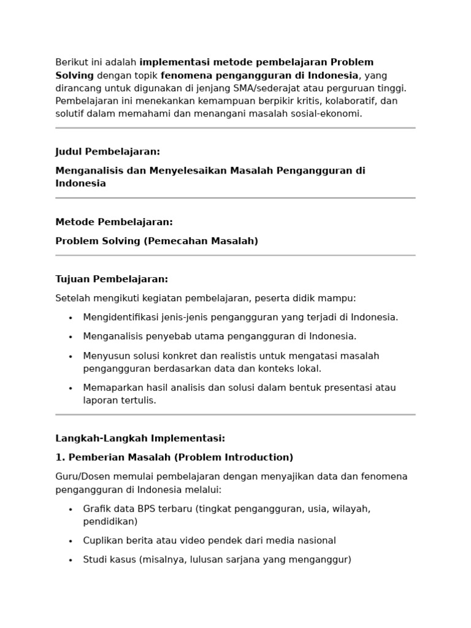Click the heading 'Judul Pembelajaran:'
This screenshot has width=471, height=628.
coord(107,151)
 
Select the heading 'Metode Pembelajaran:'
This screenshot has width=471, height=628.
coord(114,221)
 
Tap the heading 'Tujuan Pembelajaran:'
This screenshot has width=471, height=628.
coord(112,279)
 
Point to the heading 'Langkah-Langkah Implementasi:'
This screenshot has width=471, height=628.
coord(140,438)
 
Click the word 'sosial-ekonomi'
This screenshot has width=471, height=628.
coord(329,113)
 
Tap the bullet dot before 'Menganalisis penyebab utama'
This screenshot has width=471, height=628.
coord(71,337)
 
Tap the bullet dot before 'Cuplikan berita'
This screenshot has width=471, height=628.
coord(71,541)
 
